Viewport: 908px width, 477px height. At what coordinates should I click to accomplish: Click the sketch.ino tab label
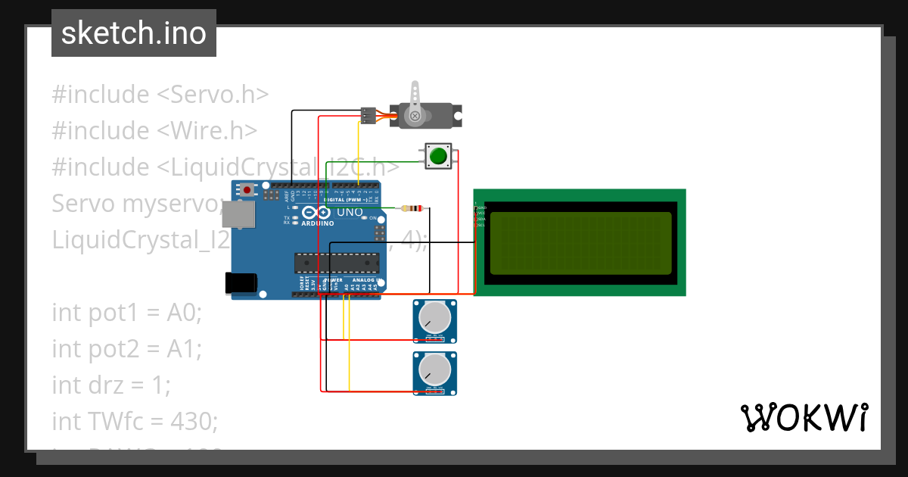click(133, 33)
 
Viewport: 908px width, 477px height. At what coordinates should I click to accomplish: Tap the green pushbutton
click(437, 157)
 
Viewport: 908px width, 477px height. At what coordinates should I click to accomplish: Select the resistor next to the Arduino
click(413, 208)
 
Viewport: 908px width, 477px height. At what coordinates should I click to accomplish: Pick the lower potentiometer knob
click(435, 369)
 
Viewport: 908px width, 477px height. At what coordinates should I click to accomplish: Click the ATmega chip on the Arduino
click(337, 262)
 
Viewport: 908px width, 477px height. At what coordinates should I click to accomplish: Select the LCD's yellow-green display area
click(580, 243)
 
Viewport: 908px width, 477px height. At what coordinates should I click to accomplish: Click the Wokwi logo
click(804, 417)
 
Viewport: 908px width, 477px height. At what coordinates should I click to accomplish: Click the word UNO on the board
click(350, 213)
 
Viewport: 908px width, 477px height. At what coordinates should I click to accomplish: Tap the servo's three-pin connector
click(367, 115)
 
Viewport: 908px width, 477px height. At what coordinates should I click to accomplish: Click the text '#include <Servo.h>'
click(160, 95)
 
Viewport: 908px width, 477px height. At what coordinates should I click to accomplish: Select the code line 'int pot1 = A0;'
click(127, 312)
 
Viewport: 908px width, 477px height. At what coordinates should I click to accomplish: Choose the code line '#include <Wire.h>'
click(154, 131)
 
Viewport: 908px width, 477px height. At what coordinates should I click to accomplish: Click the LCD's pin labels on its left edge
click(480, 217)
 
